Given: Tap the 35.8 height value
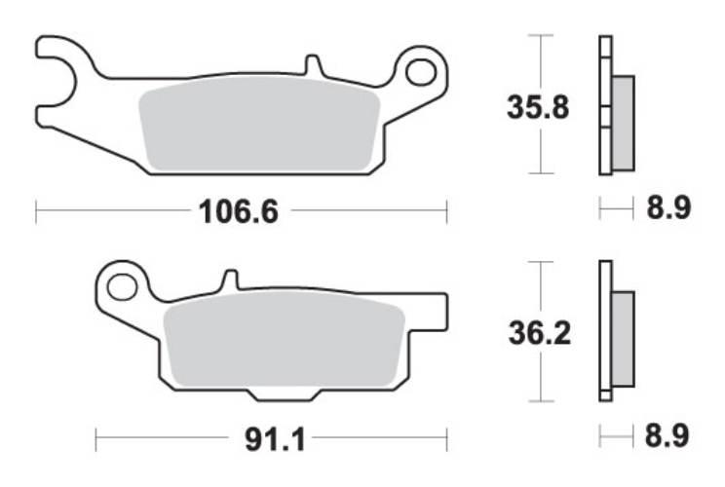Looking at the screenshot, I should coord(537,105).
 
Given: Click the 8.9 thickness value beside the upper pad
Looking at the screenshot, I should coord(668,207).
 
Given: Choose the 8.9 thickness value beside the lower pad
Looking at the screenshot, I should coord(668,437).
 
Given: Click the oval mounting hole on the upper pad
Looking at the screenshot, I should coord(423,71).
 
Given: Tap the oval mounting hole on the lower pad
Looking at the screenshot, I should coord(122,286).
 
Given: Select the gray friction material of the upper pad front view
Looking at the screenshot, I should coord(258,127).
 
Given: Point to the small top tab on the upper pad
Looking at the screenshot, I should coord(312,65).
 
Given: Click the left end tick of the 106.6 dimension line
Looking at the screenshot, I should coord(36,210).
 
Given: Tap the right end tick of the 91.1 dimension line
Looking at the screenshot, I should coord(447,440).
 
